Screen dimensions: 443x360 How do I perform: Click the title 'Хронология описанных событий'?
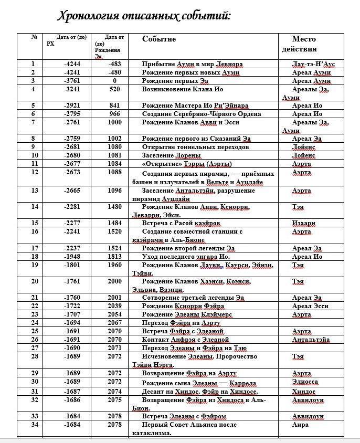pyautogui.click(x=144, y=15)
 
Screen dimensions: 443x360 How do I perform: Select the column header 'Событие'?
pyautogui.click(x=159, y=39)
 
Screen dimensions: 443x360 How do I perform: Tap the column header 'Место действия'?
pyautogui.click(x=304, y=44)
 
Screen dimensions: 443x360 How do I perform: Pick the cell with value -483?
pyautogui.click(x=114, y=64)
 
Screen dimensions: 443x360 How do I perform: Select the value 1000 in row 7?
pyautogui.click(x=115, y=122)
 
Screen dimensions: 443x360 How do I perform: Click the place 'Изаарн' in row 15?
pyautogui.click(x=304, y=223)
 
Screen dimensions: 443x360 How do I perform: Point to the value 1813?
pyautogui.click(x=115, y=257)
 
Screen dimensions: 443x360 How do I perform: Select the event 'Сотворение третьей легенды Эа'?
pyautogui.click(x=193, y=298)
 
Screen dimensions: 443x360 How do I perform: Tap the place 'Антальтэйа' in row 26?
pyautogui.click(x=311, y=340)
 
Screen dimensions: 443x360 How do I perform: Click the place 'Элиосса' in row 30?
pyautogui.click(x=305, y=382)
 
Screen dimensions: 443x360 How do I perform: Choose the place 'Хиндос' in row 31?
pyautogui.click(x=304, y=391)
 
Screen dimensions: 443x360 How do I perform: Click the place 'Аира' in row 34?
pyautogui.click(x=300, y=425)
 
